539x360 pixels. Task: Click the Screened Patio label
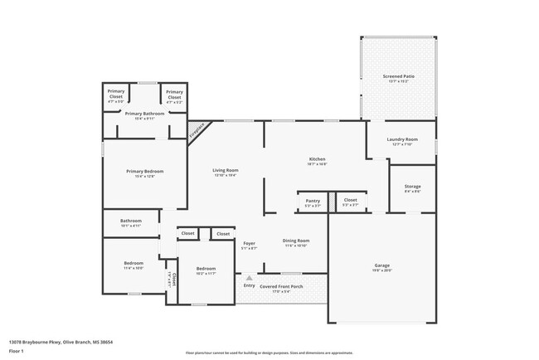point(398,76)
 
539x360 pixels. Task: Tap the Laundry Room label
point(401,139)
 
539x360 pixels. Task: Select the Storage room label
point(412,187)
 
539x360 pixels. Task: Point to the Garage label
point(381,265)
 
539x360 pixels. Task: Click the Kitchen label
point(317,158)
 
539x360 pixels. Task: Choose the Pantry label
point(313,200)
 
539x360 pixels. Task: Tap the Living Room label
point(226,170)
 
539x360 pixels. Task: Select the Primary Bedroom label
point(139,171)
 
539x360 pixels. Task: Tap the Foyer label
point(249,243)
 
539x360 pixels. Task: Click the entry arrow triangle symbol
point(248,278)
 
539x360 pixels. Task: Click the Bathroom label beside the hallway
point(131,221)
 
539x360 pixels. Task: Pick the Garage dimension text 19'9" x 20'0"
point(381,270)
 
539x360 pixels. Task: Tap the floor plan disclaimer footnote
point(269,352)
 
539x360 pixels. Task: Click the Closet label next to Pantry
point(350,200)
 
